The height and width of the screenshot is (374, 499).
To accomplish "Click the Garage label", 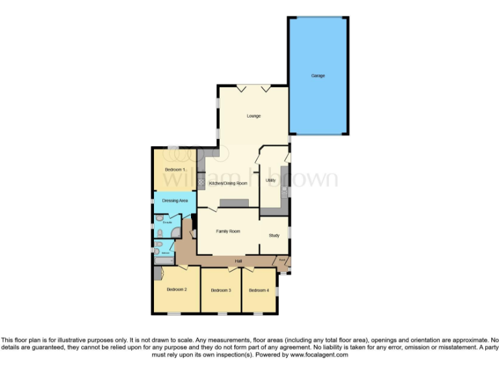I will [x=318, y=76].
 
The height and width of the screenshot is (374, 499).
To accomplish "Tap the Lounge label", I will [x=253, y=116].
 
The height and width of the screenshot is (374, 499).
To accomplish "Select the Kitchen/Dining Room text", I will [x=228, y=184].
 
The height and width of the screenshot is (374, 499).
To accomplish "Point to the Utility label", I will [x=271, y=180].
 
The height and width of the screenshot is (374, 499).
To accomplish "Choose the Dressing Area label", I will [x=175, y=201].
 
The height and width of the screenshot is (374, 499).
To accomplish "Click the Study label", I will [x=274, y=235].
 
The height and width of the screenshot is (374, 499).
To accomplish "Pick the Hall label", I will [x=239, y=260].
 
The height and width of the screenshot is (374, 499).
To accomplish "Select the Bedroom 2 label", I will [x=176, y=290].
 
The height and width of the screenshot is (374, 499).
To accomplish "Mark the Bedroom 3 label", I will [x=221, y=290].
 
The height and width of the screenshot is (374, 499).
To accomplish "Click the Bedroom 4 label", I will [x=258, y=290].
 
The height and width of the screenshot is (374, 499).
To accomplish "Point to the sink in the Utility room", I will [x=284, y=191].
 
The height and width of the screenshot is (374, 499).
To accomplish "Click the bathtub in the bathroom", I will [x=162, y=260].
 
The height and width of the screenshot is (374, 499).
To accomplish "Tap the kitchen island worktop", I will [x=235, y=203].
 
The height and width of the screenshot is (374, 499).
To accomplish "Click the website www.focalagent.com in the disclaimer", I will [x=320, y=355].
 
